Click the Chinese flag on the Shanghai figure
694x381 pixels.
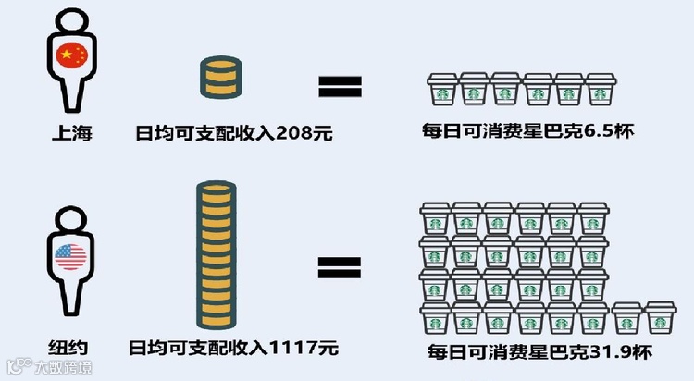70,56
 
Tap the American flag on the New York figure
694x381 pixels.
70,255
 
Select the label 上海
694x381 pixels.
70,133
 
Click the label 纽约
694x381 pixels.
68,349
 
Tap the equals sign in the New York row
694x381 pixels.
340,268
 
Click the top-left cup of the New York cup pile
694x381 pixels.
436,218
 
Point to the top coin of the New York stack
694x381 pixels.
218,189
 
